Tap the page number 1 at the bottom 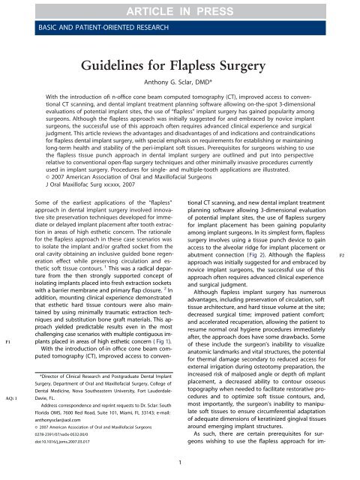[x=181, y=469]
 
